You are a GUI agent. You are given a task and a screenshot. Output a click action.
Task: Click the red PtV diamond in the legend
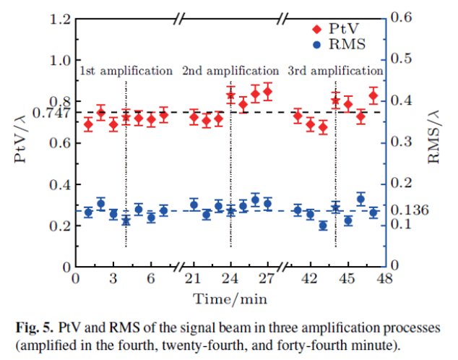tap(315, 30)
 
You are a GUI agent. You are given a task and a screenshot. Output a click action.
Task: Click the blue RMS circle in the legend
tap(315, 45)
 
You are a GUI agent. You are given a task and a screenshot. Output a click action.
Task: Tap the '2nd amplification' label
tap(230, 71)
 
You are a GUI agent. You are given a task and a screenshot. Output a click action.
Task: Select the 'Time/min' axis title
tap(230, 297)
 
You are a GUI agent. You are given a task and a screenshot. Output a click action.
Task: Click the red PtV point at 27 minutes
tap(267, 92)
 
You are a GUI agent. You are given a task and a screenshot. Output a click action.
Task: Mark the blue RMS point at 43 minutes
tap(323, 226)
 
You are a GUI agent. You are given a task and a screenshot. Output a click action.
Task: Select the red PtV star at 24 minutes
tap(230, 95)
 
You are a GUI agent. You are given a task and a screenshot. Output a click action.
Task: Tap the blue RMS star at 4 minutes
tap(126, 220)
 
